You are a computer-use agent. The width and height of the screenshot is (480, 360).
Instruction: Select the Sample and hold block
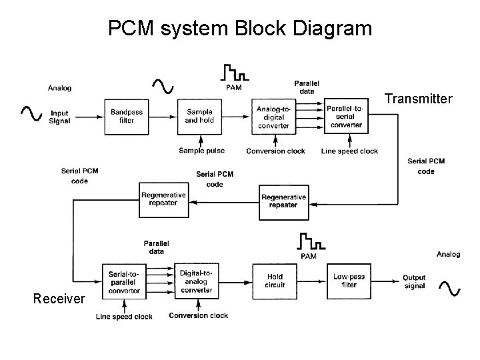(x=199, y=116)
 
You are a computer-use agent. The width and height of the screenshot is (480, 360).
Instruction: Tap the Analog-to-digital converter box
(x=273, y=117)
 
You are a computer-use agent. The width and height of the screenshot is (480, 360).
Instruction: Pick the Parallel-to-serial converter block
(x=346, y=116)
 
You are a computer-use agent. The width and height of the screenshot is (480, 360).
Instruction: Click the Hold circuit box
(x=275, y=281)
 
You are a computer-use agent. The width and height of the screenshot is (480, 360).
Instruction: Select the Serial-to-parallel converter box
(x=124, y=281)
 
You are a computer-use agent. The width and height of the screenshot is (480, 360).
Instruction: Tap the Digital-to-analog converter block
(x=197, y=281)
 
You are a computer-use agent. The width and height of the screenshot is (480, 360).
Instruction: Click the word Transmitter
(x=419, y=99)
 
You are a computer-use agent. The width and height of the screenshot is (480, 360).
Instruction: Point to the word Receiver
(x=59, y=299)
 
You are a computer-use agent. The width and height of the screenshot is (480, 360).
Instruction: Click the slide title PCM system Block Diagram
(x=239, y=29)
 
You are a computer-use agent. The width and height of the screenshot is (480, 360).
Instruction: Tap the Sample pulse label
(x=201, y=151)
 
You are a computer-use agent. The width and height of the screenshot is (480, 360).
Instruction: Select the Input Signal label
(x=59, y=117)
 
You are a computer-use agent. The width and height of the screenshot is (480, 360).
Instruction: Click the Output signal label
(x=414, y=282)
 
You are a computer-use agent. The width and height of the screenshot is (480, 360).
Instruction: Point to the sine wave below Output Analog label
(x=449, y=287)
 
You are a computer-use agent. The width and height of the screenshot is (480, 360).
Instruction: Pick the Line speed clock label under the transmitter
(x=349, y=151)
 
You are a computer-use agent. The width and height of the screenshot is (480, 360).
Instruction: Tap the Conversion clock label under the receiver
(x=199, y=316)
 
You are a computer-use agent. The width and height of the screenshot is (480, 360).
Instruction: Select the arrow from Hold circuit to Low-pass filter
(x=311, y=281)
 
